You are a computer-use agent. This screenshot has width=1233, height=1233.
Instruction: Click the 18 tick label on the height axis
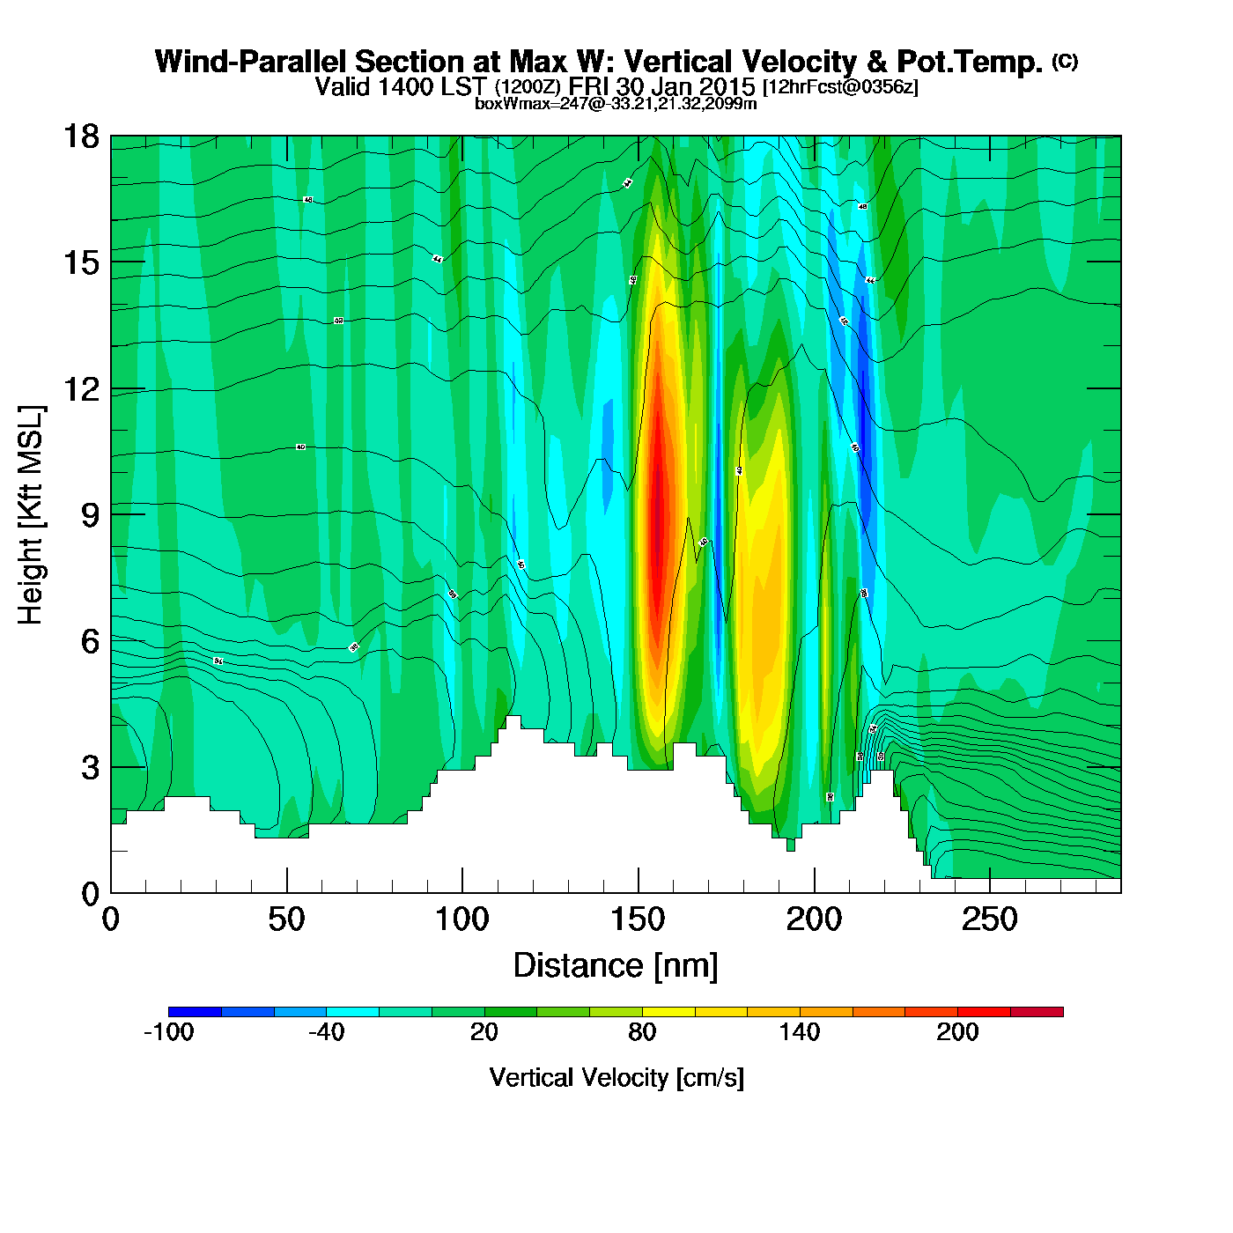(80, 137)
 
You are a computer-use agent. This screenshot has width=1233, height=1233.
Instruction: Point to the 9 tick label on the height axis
(90, 515)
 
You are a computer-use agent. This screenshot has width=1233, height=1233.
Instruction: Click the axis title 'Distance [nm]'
(616, 966)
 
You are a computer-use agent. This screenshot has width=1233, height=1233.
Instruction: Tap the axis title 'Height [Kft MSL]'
(31, 515)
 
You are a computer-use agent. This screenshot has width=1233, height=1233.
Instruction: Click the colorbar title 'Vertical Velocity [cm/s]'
(616, 1077)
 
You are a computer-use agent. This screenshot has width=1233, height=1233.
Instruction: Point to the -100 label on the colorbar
(168, 1032)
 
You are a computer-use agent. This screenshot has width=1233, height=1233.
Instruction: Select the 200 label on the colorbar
(957, 1032)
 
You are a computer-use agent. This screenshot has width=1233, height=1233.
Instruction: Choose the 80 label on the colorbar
(642, 1032)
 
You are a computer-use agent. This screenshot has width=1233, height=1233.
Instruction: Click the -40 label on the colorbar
(326, 1032)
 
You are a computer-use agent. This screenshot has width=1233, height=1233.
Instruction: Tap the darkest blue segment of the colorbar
(195, 1012)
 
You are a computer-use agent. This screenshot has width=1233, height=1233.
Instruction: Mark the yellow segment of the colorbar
(668, 1012)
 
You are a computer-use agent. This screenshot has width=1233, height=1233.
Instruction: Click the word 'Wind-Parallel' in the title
(252, 62)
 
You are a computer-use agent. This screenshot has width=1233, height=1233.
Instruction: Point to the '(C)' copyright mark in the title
(1065, 61)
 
